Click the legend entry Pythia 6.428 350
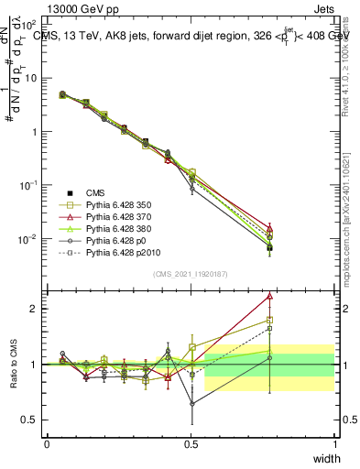click(123, 207)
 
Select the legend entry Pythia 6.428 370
click(123, 221)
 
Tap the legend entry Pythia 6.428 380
click(123, 234)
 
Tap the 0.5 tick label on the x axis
click(191, 444)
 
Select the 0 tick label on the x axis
click(47, 444)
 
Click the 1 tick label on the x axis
click(334, 444)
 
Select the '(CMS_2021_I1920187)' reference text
click(191, 274)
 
